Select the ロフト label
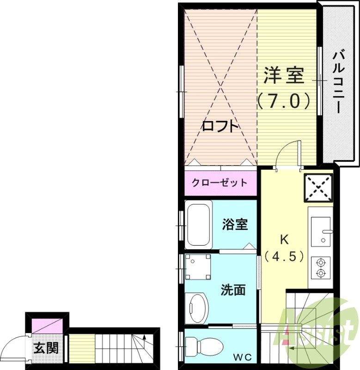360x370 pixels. (x=220, y=126)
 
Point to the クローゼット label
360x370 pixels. (x=220, y=182)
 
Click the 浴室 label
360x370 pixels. (x=235, y=224)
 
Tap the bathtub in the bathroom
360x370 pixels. (x=199, y=224)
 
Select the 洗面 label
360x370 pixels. (x=232, y=290)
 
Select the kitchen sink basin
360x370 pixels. (x=320, y=231)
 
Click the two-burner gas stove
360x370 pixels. (x=320, y=268)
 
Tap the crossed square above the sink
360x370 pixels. (x=318, y=188)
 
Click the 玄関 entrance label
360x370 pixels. (x=46, y=347)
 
